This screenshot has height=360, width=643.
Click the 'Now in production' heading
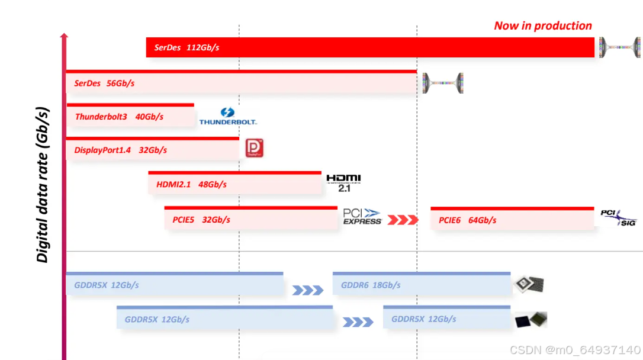(543, 25)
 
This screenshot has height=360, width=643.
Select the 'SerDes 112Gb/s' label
(187, 47)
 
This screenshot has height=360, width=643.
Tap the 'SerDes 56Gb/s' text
(104, 83)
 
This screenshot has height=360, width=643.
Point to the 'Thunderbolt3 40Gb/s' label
(119, 117)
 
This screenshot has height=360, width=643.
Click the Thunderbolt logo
(228, 116)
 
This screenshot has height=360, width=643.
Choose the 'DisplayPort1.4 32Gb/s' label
(120, 150)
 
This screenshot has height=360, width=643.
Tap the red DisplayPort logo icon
(254, 148)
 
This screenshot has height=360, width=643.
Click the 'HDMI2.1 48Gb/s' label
(191, 184)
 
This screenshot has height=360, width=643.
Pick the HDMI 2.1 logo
(343, 183)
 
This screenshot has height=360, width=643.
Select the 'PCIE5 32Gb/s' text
(201, 220)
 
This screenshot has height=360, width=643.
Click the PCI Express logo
(362, 217)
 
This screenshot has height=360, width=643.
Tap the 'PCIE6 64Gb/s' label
(467, 220)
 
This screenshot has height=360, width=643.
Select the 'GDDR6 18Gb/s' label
(371, 285)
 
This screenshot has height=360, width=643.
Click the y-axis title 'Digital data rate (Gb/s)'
(42, 185)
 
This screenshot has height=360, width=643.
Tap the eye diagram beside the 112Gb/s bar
(619, 47)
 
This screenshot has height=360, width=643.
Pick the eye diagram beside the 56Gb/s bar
(442, 83)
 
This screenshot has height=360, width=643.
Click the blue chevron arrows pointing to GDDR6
(308, 290)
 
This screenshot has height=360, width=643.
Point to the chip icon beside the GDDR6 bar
(528, 285)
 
